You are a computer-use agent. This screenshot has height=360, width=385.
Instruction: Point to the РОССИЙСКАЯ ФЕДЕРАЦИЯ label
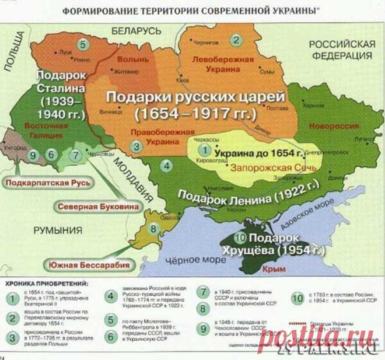341,51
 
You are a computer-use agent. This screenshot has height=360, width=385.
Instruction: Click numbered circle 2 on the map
236,40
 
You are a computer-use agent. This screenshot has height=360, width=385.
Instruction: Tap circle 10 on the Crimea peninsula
241,238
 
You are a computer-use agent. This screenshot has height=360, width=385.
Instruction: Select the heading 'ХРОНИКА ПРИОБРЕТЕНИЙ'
47,284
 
